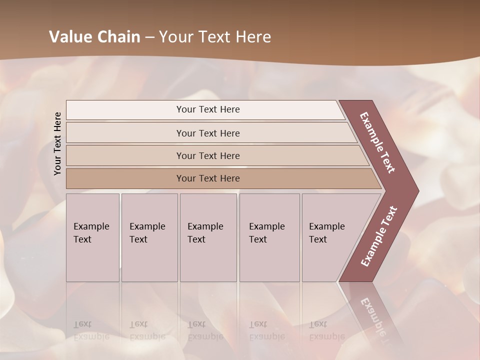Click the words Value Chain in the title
click(94, 37)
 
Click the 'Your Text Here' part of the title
click(215, 37)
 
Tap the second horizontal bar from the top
click(208, 133)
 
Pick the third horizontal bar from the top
click(208, 155)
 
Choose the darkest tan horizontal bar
click(208, 178)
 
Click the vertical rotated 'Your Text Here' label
click(57, 143)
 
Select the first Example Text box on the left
click(92, 237)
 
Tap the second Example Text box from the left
click(149, 237)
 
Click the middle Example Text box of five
click(208, 237)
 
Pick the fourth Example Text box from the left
click(269, 237)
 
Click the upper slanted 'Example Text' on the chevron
click(377, 142)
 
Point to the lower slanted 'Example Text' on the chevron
click(379, 236)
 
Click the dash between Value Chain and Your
click(149, 37)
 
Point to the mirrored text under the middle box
click(205, 330)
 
